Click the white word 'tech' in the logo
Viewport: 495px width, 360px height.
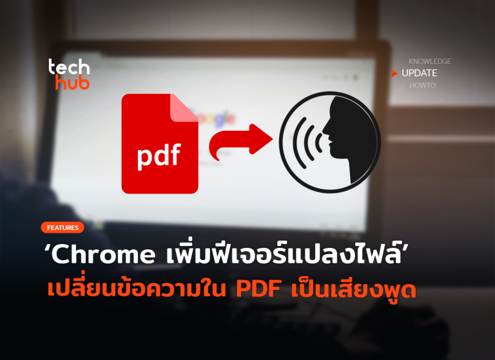[x=69, y=67]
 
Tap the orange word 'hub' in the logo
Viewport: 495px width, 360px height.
[x=72, y=82]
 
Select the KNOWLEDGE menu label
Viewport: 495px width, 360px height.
[x=430, y=61]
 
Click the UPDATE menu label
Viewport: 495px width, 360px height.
[x=419, y=73]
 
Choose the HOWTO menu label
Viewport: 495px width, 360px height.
[x=422, y=85]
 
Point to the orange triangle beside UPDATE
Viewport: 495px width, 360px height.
[x=394, y=73]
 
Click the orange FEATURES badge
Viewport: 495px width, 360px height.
[x=63, y=227]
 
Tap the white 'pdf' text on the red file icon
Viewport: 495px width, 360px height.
[x=159, y=156]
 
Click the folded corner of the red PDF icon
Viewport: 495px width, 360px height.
[x=184, y=108]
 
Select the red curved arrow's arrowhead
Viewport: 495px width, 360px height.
[x=260, y=139]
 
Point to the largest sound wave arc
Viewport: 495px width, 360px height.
[x=299, y=142]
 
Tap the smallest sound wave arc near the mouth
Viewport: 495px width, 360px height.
[x=319, y=142]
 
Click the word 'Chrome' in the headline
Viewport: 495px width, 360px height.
[x=102, y=254]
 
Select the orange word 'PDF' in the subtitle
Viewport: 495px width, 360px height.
[x=258, y=289]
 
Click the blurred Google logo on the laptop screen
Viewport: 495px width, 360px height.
[x=215, y=118]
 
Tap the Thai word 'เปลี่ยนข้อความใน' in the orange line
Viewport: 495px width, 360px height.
[x=137, y=288]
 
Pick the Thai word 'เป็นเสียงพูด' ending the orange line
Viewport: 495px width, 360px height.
[x=354, y=289]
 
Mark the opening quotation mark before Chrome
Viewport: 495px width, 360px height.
[x=46, y=248]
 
